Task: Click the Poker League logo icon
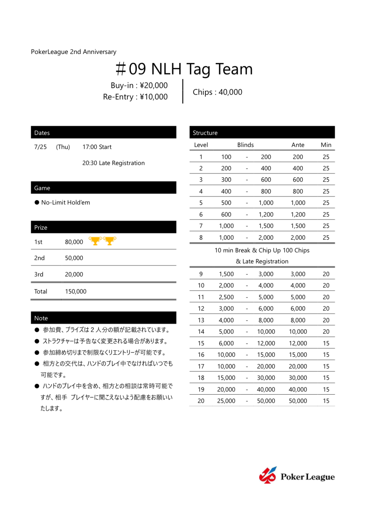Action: pos(268,475)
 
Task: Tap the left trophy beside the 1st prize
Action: pos(95,241)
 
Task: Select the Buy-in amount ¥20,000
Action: pos(154,86)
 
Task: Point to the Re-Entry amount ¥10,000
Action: pos(154,97)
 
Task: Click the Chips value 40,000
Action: pos(230,92)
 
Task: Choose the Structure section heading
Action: pos(205,133)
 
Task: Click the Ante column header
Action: pos(298,145)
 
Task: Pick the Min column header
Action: pos(326,145)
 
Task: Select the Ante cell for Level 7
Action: pos(298,226)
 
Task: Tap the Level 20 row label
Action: pos(201,401)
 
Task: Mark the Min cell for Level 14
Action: pos(326,332)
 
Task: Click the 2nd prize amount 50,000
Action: pos(74,258)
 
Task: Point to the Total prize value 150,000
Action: pos(76,291)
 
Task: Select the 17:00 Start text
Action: pos(97,147)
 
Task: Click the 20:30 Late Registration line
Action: pos(113,163)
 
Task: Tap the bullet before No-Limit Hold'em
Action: pos(37,202)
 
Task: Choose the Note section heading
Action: pos(41,318)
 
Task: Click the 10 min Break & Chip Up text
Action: pos(262,250)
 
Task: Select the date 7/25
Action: pos(40,147)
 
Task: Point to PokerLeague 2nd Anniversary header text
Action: pos(74,52)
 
